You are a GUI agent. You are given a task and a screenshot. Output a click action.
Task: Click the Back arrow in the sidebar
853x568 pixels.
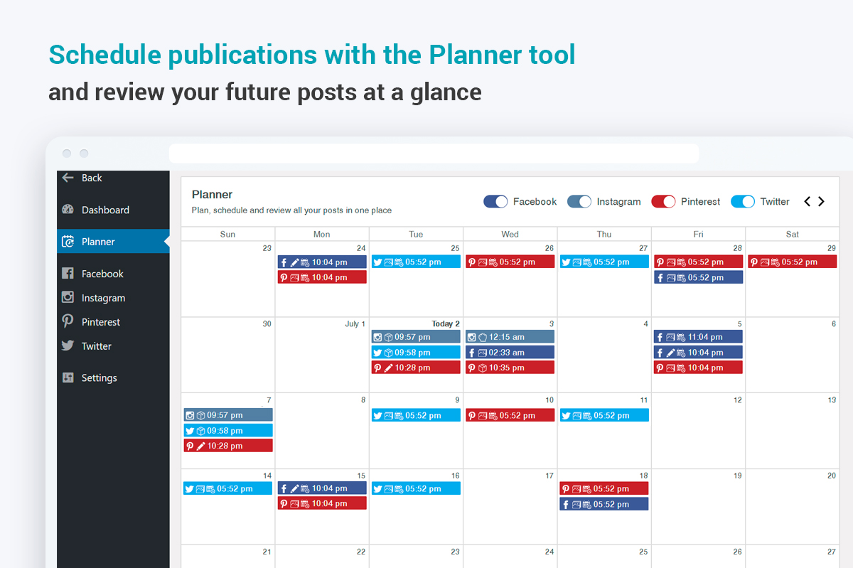click(68, 178)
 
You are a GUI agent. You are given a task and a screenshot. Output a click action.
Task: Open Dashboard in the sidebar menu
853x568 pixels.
click(105, 210)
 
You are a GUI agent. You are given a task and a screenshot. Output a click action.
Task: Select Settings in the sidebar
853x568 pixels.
click(99, 377)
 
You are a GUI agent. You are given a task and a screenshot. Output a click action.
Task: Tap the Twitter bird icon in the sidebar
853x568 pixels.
click(68, 345)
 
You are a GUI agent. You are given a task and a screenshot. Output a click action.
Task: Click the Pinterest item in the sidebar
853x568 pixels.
click(100, 322)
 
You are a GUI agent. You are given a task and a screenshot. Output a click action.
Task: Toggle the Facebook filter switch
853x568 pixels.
click(495, 201)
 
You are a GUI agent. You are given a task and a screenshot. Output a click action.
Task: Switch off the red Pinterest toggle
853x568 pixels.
click(663, 201)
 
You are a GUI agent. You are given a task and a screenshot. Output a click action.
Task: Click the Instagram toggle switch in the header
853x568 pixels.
click(579, 201)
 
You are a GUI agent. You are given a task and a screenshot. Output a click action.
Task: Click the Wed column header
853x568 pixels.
click(510, 234)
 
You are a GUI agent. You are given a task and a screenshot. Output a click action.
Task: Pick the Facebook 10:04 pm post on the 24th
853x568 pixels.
click(322, 262)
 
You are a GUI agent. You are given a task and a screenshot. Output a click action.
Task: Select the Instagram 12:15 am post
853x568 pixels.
click(510, 337)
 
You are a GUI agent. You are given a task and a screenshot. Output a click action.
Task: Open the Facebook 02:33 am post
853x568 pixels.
click(510, 353)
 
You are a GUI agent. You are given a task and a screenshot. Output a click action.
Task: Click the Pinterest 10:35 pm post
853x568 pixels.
click(510, 368)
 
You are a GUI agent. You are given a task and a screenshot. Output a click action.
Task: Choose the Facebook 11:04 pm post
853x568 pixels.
click(698, 337)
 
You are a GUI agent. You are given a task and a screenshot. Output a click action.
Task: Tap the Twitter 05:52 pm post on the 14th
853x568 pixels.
click(227, 488)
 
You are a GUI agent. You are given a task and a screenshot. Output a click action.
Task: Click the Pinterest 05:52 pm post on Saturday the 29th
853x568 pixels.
click(793, 262)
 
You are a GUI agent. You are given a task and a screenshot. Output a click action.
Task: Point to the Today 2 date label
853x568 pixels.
click(446, 323)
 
